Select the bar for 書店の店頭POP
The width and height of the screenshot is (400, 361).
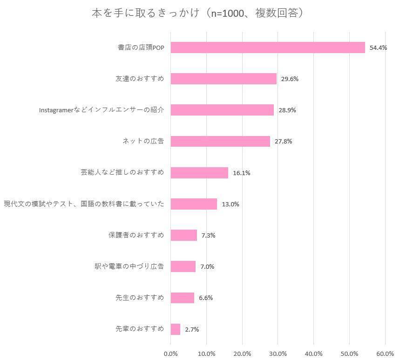[268, 48]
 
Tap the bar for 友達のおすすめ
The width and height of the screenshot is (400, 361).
[224, 79]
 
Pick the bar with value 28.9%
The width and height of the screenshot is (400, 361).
[222, 110]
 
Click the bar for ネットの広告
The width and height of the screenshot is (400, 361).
[220, 141]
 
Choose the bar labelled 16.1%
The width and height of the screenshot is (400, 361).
[199, 173]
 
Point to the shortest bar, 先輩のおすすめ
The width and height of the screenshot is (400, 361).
[176, 329]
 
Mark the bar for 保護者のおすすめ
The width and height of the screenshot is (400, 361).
[184, 235]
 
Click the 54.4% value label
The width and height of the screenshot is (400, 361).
[378, 48]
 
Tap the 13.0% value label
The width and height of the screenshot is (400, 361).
[231, 204]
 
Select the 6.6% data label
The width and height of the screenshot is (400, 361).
[206, 298]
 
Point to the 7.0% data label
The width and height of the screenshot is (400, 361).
[207, 267]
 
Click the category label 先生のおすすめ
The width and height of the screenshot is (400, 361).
[140, 298]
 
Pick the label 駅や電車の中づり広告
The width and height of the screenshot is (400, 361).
[129, 266]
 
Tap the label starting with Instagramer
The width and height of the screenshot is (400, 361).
[102, 110]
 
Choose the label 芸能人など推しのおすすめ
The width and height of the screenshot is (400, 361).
[122, 172]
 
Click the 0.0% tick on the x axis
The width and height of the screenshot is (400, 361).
[171, 353]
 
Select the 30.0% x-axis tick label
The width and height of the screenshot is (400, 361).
[278, 353]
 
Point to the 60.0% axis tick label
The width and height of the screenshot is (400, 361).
[385, 353]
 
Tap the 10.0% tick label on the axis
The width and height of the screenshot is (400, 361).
[207, 353]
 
